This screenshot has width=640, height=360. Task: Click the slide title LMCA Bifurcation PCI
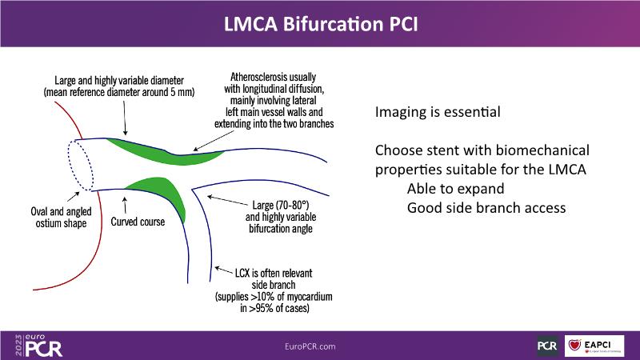[320, 24]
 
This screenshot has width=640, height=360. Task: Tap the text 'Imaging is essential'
[438, 113]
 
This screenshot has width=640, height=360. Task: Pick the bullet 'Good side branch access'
[486, 208]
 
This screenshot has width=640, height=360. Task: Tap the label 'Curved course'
[138, 222]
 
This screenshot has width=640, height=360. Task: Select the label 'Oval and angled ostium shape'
[56, 218]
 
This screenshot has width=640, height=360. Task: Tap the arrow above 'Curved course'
[126, 203]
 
